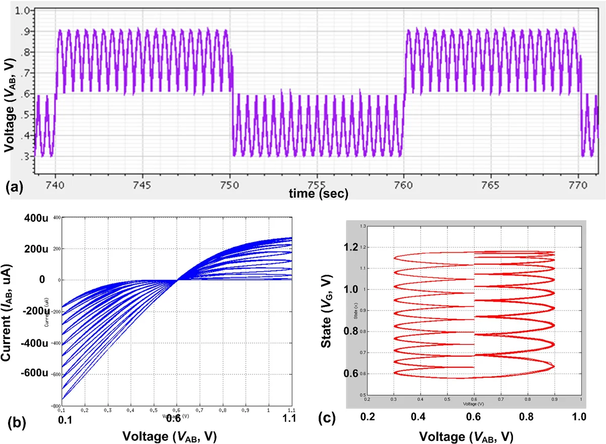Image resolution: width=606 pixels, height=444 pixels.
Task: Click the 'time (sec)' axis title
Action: (318, 193)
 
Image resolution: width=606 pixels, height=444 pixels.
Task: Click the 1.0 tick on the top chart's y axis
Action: (23, 10)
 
